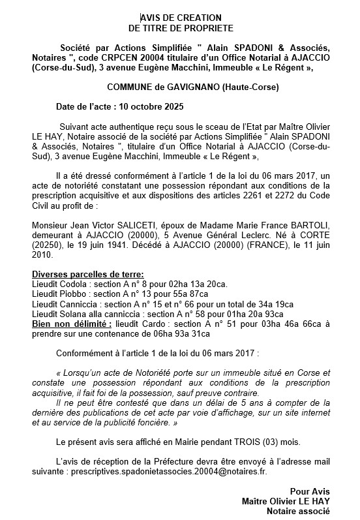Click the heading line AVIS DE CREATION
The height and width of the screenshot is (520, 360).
click(180, 18)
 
